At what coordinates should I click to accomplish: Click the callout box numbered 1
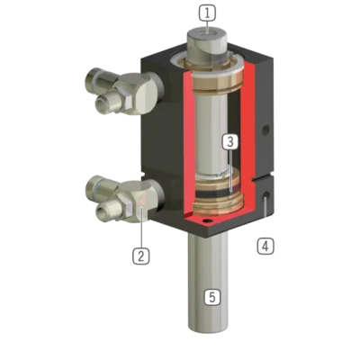pos(207,13)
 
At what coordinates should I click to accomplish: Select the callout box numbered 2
pos(141,256)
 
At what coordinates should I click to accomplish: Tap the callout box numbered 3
pos(230,141)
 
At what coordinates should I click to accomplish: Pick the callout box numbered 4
pos(265,247)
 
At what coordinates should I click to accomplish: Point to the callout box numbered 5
pos(212,297)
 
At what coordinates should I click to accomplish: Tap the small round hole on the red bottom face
pos(207,221)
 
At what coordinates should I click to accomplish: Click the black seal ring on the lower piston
pos(218,194)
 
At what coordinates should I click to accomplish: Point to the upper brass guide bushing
pos(217,83)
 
